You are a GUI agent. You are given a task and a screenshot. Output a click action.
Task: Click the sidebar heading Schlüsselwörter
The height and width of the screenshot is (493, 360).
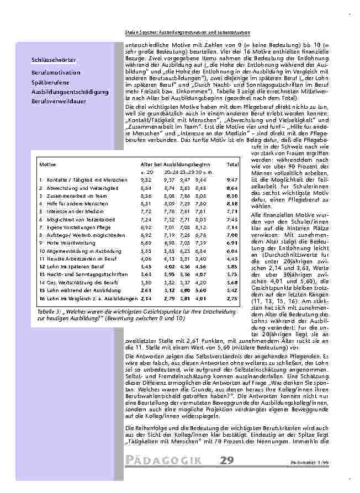54,60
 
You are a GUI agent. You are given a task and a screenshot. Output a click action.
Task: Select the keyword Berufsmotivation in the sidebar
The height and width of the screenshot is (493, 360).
54,73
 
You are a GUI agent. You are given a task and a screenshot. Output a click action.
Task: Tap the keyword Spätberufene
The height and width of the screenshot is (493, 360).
49,82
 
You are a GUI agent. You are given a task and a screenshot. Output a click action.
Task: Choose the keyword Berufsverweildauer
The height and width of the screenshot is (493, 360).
59,101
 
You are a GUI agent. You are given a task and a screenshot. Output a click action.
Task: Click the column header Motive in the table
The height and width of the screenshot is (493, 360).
47,165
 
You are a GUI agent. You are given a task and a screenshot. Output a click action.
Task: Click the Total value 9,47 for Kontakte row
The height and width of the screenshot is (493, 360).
232,180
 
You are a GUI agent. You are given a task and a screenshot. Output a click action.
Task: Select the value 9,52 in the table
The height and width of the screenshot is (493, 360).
146,180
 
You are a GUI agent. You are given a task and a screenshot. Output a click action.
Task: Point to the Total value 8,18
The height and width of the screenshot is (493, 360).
232,203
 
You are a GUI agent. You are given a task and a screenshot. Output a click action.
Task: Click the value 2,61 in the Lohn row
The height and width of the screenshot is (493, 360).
146,290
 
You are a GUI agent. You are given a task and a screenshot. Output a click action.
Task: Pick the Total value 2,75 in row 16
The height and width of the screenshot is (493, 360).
232,298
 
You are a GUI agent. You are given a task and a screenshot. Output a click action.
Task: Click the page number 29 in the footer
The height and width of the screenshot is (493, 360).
226,460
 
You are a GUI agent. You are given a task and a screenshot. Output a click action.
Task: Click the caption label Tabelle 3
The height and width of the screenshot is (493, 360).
49,311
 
